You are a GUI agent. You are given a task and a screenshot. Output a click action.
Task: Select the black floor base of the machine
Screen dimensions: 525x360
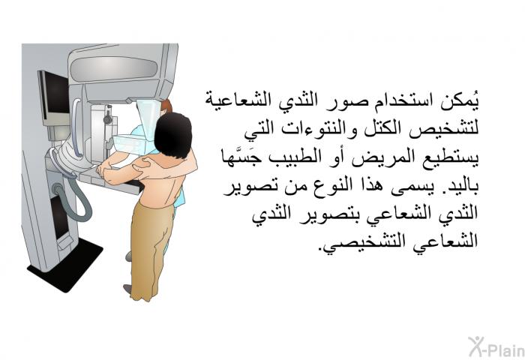(65, 265)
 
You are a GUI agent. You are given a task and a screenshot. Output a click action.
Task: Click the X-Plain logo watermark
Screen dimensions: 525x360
(496, 347)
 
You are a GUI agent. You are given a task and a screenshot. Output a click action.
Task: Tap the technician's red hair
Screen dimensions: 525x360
(166, 106)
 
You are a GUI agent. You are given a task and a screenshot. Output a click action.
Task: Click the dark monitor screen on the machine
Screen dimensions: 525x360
(52, 93)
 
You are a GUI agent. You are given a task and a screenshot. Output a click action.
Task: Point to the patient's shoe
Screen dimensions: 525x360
(127, 289)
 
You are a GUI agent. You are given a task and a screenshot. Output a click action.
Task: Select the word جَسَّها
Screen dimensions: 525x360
(237, 157)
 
